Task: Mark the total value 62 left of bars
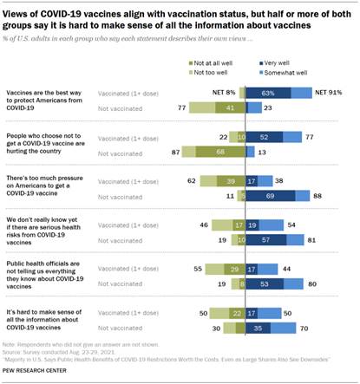point(192,180)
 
